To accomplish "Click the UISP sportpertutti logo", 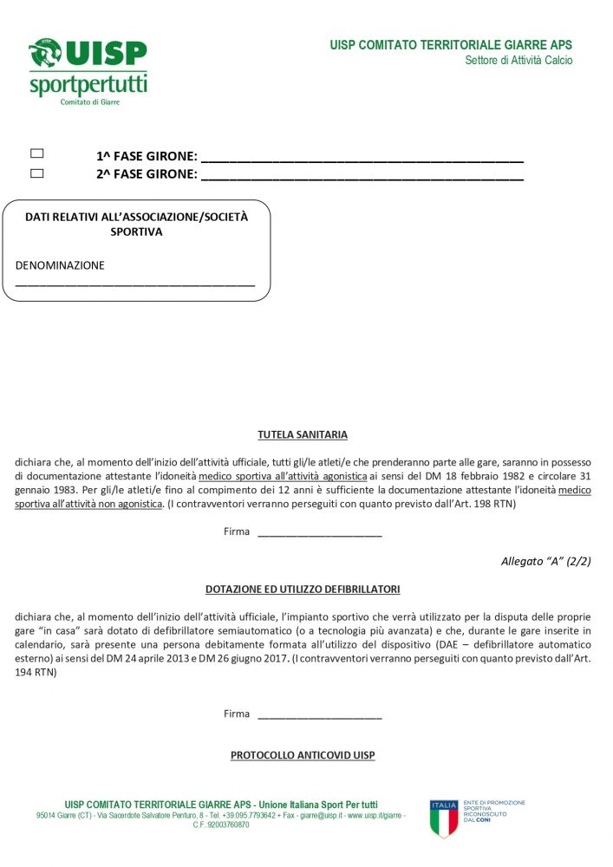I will point(88,71).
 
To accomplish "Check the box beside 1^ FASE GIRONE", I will point(37,153).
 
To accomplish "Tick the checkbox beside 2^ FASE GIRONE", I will point(37,173).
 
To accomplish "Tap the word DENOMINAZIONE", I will point(60,265).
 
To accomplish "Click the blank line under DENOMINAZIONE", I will point(135,284).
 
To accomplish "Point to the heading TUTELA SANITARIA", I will point(303,434).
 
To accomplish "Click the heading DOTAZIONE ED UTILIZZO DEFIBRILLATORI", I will point(303,590).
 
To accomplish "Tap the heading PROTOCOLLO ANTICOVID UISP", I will point(303,755).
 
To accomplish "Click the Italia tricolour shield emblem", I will point(444,818).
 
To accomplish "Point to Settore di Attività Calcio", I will point(518,61).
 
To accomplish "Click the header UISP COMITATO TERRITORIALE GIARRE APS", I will point(451,45).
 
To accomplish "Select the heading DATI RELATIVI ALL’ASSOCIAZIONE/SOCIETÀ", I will point(136,217).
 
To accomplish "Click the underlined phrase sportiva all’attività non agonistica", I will point(88,504).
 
